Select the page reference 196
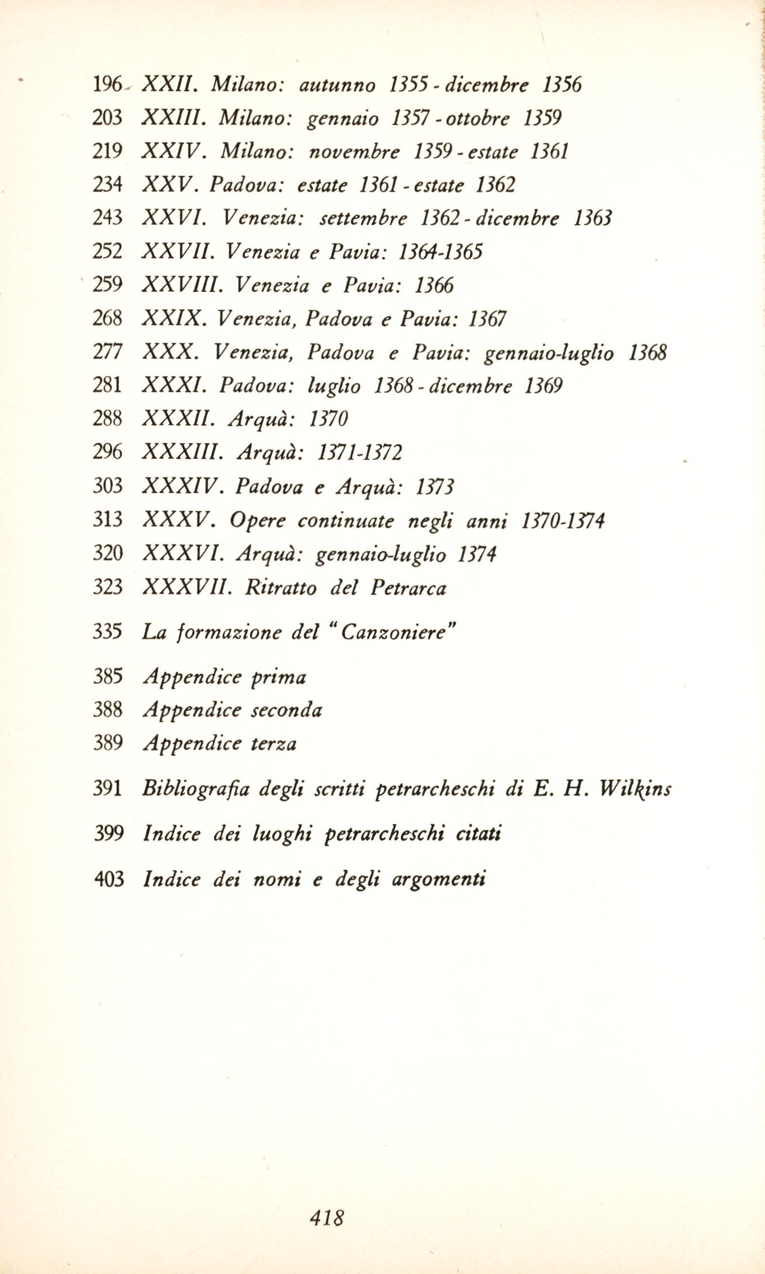pos(107,85)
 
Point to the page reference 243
pos(107,217)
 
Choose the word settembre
pos(363,218)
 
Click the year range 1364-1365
pos(440,252)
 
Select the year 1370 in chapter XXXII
pos(328,419)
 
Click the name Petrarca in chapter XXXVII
pos(409,587)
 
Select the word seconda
pos(286,710)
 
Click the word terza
pos(273,744)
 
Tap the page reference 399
pos(109,834)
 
